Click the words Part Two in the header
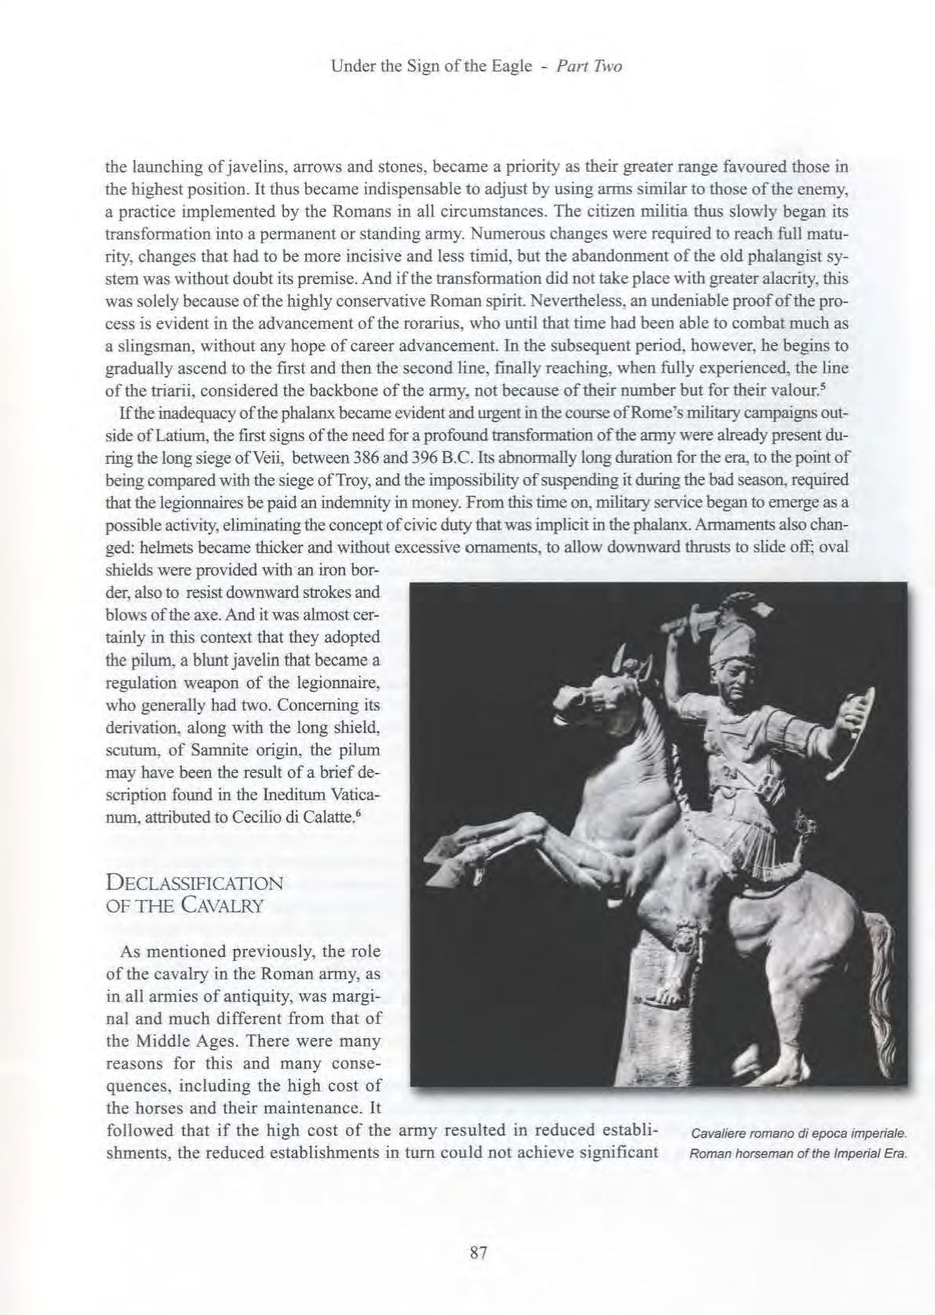588,67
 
